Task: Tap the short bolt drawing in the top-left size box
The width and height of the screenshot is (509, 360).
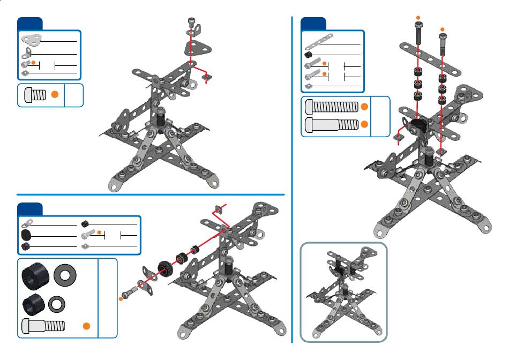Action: (x=35, y=95)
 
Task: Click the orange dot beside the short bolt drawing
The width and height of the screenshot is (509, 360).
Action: (x=54, y=94)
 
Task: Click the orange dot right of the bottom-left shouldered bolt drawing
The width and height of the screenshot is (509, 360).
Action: (x=86, y=326)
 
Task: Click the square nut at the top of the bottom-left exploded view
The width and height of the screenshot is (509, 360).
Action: (x=218, y=209)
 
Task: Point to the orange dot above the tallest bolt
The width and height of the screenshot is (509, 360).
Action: (x=419, y=18)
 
